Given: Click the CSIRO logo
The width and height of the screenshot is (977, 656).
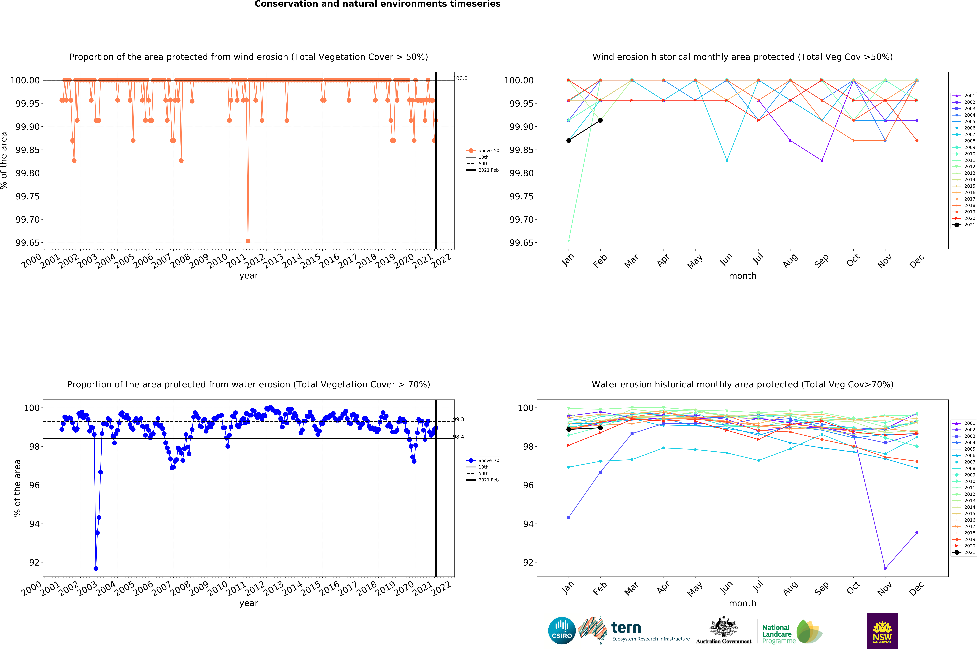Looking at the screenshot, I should pyautogui.click(x=562, y=630).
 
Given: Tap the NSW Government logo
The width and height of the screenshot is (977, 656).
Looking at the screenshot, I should pyautogui.click(x=882, y=630).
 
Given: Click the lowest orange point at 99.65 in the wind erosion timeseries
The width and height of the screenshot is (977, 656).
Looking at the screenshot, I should pyautogui.click(x=248, y=241).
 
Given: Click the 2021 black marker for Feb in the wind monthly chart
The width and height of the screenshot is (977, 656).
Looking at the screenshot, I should pyautogui.click(x=600, y=120).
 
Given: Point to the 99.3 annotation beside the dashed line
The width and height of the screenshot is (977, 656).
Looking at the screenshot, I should pyautogui.click(x=459, y=419).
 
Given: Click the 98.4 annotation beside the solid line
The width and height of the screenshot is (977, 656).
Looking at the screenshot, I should pyautogui.click(x=459, y=437).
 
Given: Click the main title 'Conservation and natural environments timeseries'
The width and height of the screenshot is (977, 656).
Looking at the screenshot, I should pyautogui.click(x=377, y=4).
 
